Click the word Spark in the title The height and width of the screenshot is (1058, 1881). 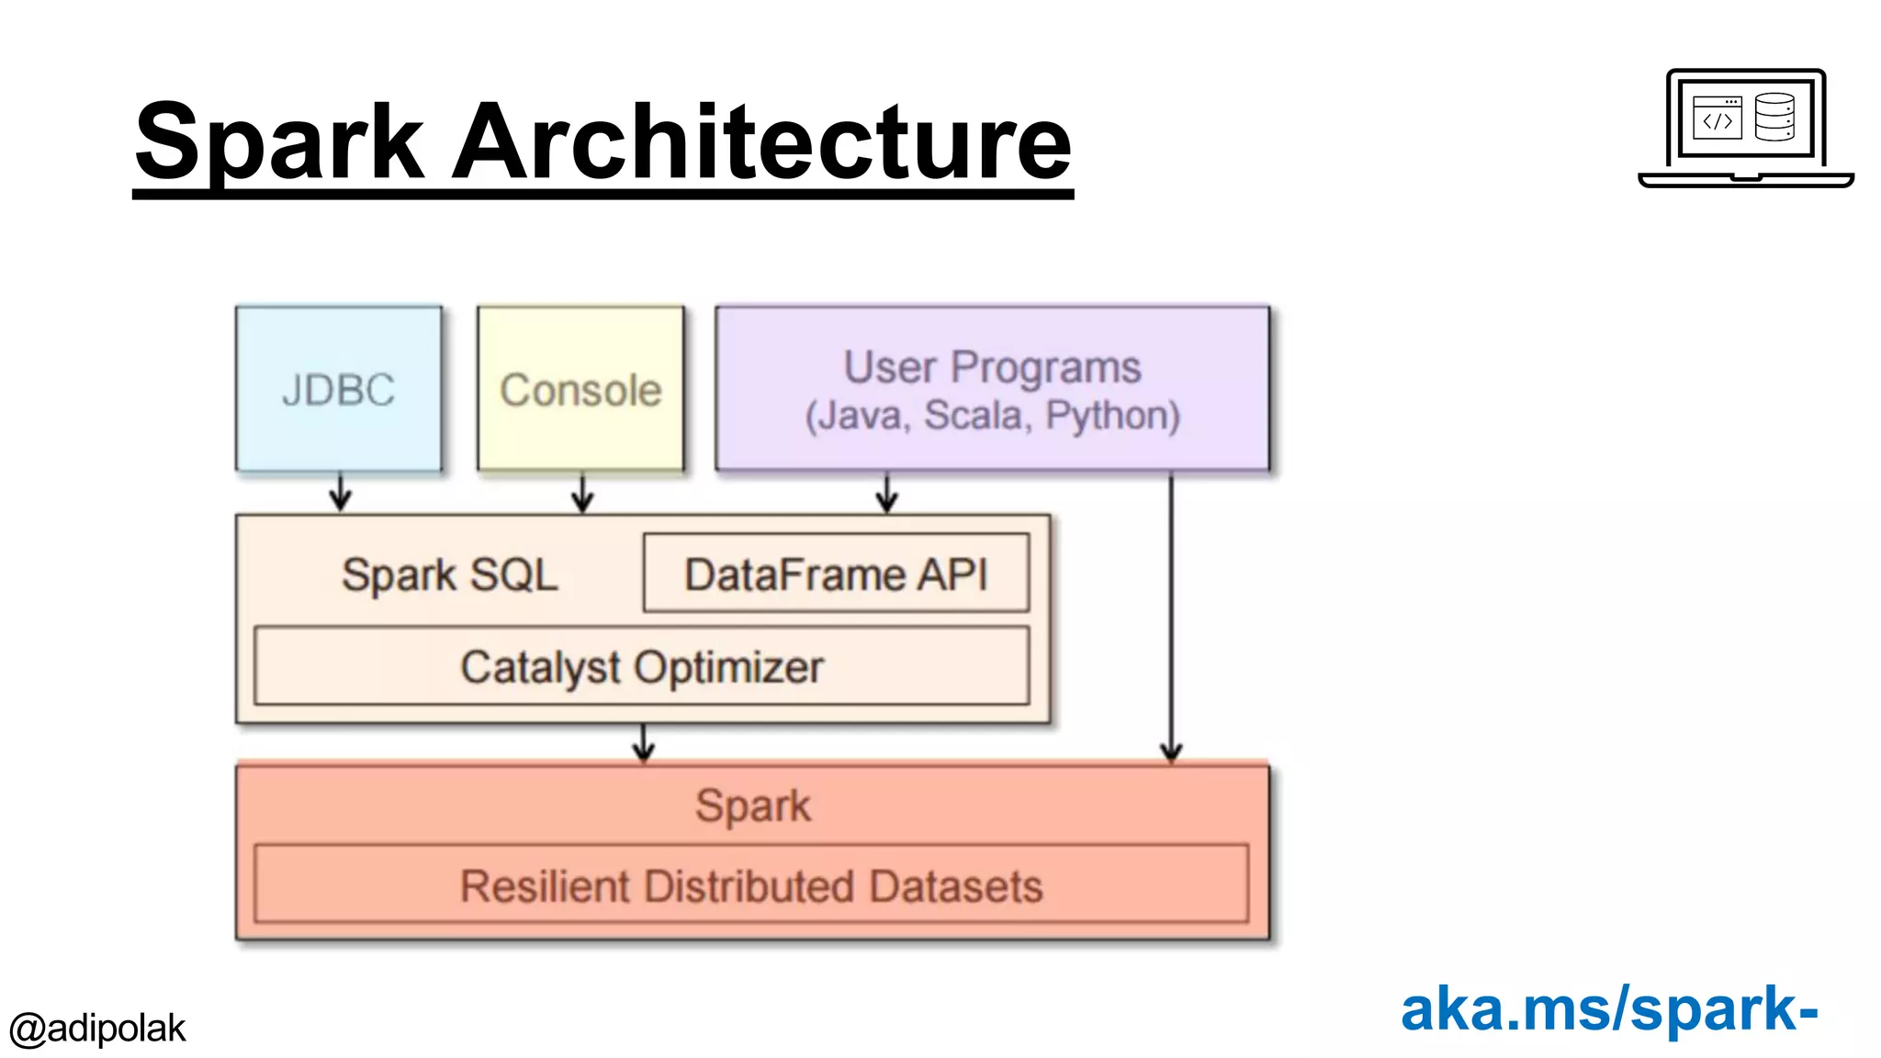point(279,142)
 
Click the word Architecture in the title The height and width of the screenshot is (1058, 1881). point(761,142)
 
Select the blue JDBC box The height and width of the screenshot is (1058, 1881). point(339,389)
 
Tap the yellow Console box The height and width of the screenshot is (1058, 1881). point(580,389)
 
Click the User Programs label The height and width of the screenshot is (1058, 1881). point(992,366)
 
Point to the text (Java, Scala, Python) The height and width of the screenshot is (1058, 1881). point(992,415)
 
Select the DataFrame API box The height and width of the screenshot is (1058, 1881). point(836,574)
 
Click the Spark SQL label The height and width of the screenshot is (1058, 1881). point(449,576)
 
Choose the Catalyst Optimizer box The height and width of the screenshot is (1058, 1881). point(641,667)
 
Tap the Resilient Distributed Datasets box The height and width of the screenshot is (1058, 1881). point(750,885)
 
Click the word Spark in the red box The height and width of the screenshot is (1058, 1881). point(753,805)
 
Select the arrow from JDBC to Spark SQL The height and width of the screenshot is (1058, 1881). point(341,493)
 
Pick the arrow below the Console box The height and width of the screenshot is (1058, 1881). point(582,493)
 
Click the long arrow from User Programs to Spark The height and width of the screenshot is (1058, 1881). point(1171,615)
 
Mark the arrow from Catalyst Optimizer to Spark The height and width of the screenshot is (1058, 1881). point(644,742)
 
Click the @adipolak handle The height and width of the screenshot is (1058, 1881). point(96,1028)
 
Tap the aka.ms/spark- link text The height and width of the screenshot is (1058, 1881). point(1608,1008)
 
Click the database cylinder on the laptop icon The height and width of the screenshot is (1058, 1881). point(1774,117)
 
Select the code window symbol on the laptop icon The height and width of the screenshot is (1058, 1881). point(1717,118)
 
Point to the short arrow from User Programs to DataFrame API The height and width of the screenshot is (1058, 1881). point(886,493)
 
